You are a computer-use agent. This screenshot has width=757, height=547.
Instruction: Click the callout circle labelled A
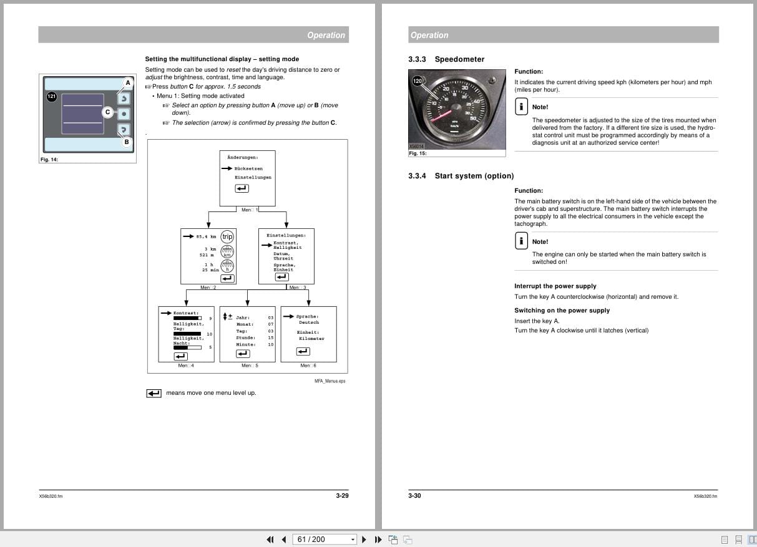coord(128,82)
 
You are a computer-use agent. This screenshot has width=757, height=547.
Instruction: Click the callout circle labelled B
coord(127,142)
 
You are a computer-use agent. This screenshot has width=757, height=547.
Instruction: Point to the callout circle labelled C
coord(107,112)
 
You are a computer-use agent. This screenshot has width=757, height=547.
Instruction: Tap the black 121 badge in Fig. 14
coord(52,97)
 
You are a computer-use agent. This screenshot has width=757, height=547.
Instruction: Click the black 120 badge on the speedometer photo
coord(418,81)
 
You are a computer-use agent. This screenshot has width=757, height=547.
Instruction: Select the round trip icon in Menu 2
coord(227,236)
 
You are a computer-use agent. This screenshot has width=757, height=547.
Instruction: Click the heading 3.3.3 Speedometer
coord(446,59)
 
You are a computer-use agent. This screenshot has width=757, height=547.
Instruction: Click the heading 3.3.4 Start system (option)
coord(461,176)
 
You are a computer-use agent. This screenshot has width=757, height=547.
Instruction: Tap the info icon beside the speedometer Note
coord(521,107)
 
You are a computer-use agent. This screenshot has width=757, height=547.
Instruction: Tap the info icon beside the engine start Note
coord(521,241)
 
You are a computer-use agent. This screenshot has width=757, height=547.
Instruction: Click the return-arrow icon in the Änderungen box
coord(242,189)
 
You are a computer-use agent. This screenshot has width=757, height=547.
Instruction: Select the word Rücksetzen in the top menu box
coord(248,168)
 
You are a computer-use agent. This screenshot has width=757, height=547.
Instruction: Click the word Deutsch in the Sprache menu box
coord(309,322)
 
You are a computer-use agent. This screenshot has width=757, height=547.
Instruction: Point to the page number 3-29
coord(342,496)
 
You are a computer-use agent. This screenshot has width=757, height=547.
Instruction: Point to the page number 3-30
coord(415,496)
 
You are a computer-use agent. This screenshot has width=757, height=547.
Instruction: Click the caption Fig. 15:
coord(418,153)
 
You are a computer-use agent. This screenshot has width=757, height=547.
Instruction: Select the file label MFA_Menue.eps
coord(330,381)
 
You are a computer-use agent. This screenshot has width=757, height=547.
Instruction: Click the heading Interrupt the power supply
coord(555,286)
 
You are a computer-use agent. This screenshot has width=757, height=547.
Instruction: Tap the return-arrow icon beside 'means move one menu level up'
coord(154,393)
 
